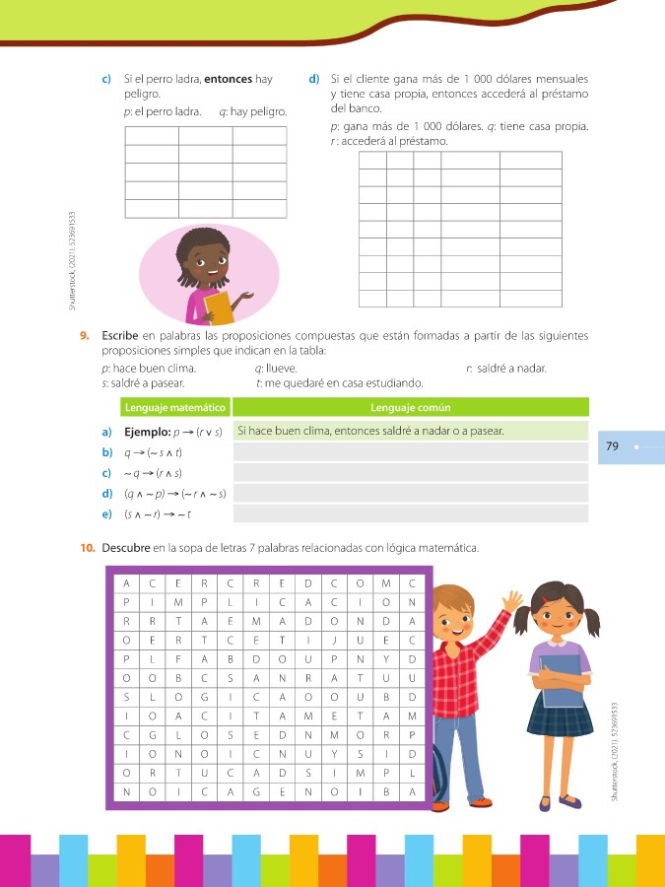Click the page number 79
click(612, 446)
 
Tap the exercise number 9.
click(86, 336)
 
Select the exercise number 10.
click(88, 547)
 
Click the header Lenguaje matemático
click(175, 407)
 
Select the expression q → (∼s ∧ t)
click(153, 452)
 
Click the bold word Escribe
click(120, 336)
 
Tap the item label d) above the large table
click(312, 78)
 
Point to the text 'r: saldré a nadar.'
click(505, 369)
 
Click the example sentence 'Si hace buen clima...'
click(370, 432)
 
